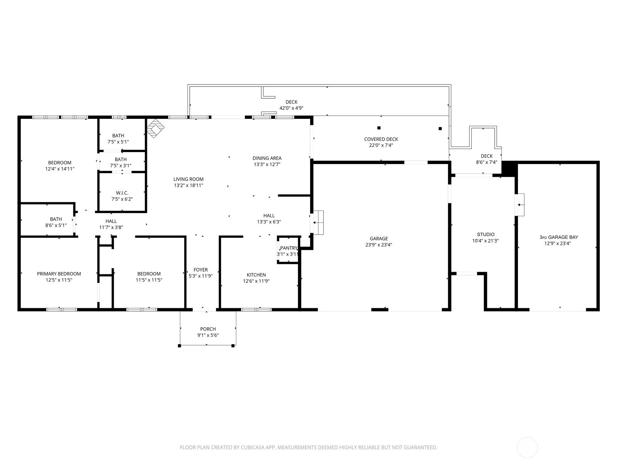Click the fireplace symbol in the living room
(155, 128)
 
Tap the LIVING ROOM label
(188, 179)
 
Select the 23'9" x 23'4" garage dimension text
(379, 245)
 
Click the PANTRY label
(289, 248)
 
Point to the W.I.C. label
(122, 193)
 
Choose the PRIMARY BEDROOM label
(59, 274)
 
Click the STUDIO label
(486, 234)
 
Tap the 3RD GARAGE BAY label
(558, 237)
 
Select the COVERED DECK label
(381, 139)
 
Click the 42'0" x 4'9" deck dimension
(291, 108)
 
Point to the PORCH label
(208, 329)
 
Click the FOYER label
(201, 270)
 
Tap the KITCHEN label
(256, 275)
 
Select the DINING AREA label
(267, 158)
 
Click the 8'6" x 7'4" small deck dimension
(487, 162)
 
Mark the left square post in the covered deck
(379, 128)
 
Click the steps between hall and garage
(318, 222)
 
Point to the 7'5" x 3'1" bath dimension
(121, 166)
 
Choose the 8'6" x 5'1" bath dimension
(56, 225)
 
